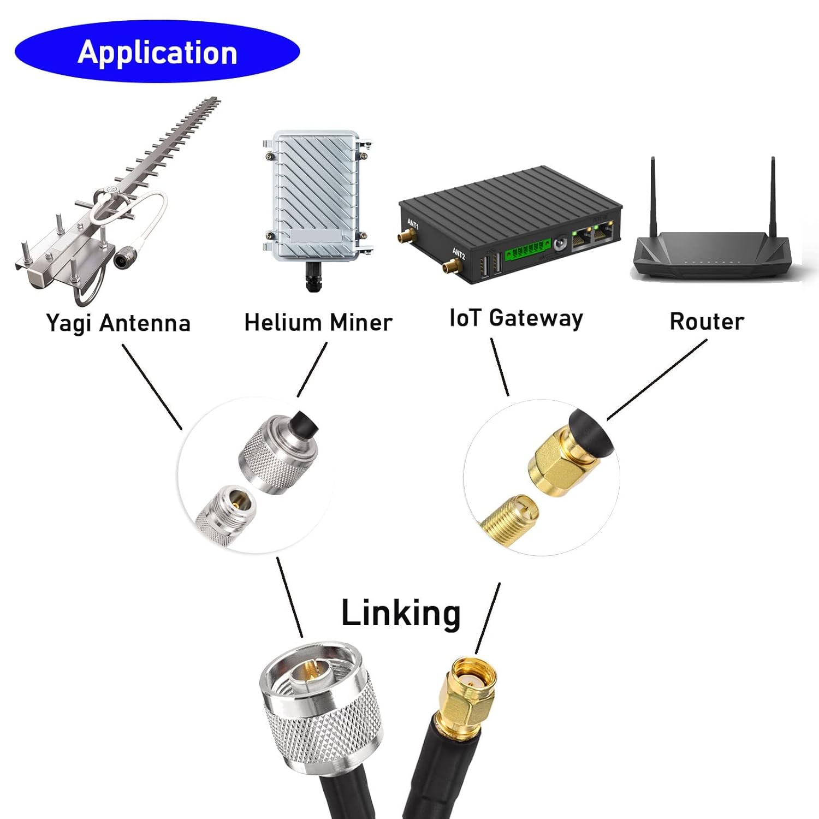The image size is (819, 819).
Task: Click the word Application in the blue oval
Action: [x=157, y=53]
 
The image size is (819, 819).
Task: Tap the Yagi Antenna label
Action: [x=118, y=323]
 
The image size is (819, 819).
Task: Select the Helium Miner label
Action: [x=318, y=322]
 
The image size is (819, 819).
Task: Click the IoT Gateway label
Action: [x=515, y=318]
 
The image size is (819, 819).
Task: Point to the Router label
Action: [x=707, y=321]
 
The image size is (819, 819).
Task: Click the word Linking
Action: [x=401, y=613]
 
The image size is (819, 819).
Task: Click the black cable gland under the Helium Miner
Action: [x=313, y=276]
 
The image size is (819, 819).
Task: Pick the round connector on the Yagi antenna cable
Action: [x=121, y=259]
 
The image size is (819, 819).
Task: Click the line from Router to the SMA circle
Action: [x=656, y=380]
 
